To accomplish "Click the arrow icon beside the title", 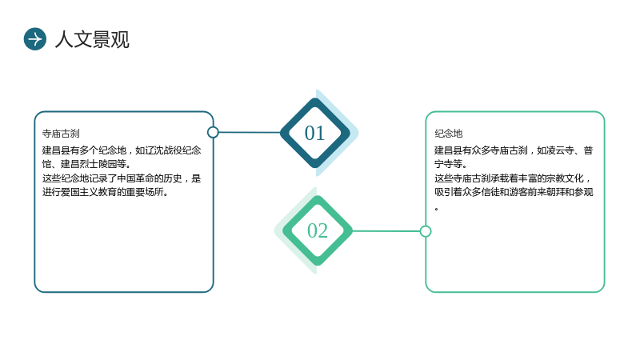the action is click(x=35, y=39).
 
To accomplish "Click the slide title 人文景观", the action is click(x=92, y=39).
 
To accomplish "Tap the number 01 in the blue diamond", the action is click(x=314, y=133).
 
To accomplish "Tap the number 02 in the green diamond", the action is click(x=318, y=230).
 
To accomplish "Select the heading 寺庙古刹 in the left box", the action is click(x=61, y=134).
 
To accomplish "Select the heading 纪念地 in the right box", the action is click(x=449, y=134).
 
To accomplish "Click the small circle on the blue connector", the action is click(x=213, y=132).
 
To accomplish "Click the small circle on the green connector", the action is click(x=426, y=231).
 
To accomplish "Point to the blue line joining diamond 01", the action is click(x=250, y=132).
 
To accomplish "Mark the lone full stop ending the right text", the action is click(x=436, y=209).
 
